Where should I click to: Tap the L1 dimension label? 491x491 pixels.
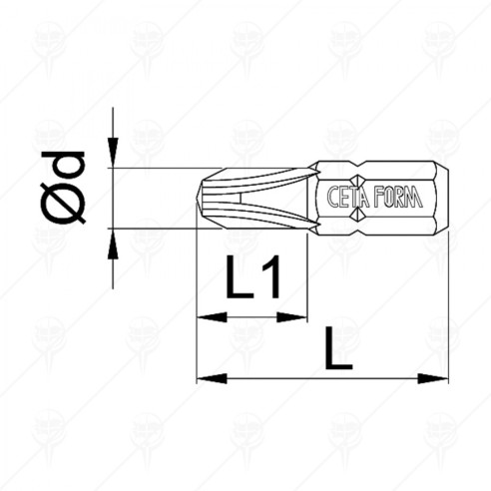(251, 281)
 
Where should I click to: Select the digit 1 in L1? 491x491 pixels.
(270, 281)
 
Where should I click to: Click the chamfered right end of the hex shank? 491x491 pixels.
(439, 199)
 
